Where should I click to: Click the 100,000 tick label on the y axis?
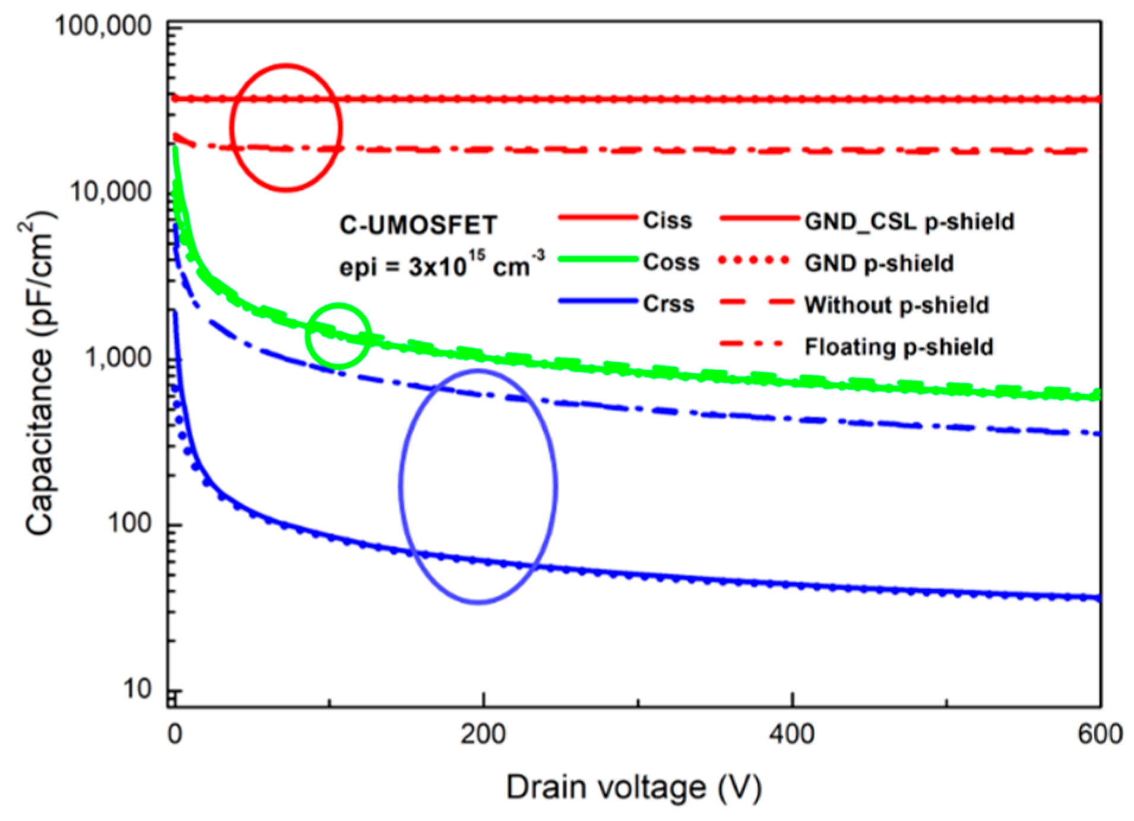pos(103,27)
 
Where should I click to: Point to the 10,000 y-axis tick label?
pos(110,192)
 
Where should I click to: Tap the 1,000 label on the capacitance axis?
pos(118,358)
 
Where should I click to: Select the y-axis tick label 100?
pos(129,523)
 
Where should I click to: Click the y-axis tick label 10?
pos(137,689)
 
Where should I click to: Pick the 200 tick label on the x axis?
pos(483,734)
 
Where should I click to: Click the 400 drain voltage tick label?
pos(791,734)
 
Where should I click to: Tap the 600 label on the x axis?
pos(1100,734)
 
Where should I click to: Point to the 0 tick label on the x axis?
pos(175,734)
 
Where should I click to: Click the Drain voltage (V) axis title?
pos(633,788)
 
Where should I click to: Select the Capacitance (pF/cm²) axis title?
pos(40,373)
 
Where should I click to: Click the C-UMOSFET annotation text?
pos(418,225)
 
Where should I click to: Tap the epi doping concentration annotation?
pos(442,265)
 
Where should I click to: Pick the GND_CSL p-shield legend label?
pos(909,221)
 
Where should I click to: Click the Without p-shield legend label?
pos(897,305)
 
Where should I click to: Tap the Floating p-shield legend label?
pos(899,346)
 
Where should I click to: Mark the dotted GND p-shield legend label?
pos(879,263)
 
